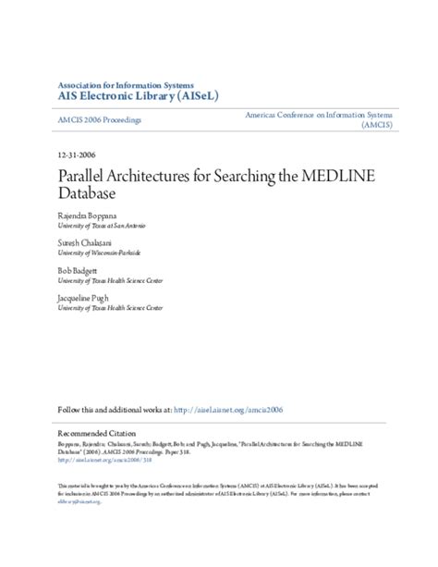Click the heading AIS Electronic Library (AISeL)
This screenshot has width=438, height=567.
(x=137, y=94)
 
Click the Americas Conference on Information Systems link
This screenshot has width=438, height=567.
(x=318, y=113)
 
